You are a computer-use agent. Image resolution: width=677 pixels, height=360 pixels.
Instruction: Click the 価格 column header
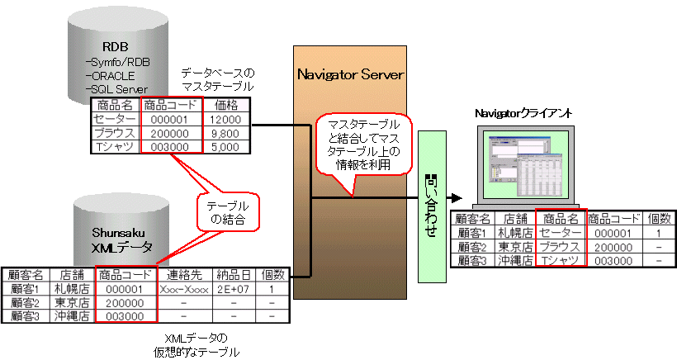coord(227,105)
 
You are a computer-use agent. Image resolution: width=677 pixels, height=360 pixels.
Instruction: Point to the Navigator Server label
coord(351,75)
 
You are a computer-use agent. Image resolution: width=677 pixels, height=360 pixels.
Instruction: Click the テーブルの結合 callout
coord(225,213)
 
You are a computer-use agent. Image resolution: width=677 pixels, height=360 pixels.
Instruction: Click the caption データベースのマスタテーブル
coord(217,79)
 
